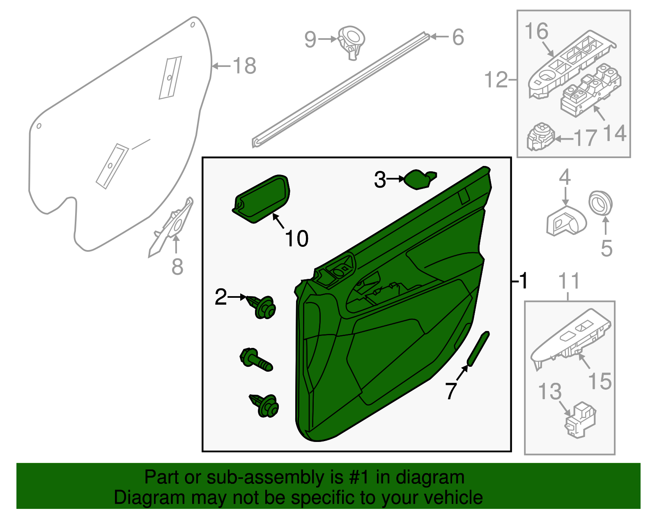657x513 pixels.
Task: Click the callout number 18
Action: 244,66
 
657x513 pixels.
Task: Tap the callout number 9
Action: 310,39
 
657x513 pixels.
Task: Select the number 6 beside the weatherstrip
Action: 458,37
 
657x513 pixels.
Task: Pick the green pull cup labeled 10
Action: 262,198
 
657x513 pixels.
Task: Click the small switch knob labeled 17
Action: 540,137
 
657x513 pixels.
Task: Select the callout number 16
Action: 536,32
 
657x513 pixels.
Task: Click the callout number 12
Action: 496,79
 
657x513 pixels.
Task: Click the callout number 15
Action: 600,381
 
